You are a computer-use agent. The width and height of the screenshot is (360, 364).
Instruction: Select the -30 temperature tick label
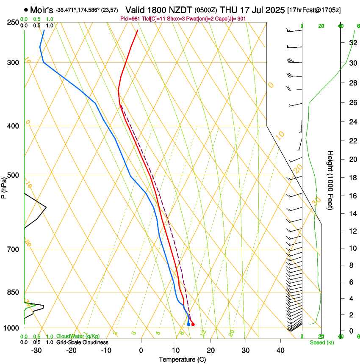point(36,350)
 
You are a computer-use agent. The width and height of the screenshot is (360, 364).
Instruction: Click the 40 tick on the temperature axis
point(280,350)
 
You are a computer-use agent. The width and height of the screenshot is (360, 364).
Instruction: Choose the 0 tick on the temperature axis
point(141,350)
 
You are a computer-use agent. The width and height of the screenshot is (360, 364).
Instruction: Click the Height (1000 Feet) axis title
point(330,180)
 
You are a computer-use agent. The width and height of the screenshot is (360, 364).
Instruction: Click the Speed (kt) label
point(321,342)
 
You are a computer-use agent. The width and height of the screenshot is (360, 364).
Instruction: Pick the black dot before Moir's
point(26,9)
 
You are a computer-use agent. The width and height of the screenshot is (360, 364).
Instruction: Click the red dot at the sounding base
point(193,324)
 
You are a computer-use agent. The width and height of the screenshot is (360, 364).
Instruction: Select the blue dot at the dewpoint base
point(188,324)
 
